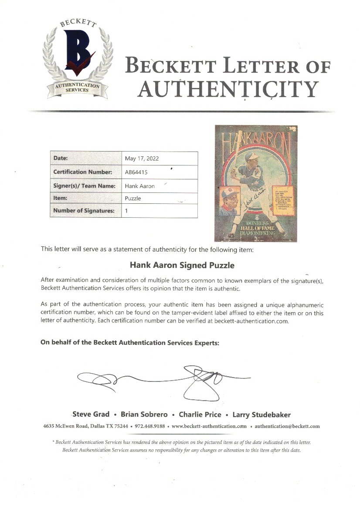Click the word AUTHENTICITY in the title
click(227, 89)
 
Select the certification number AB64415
click(136, 172)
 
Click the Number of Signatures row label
click(84, 211)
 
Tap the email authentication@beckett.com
click(287, 426)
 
